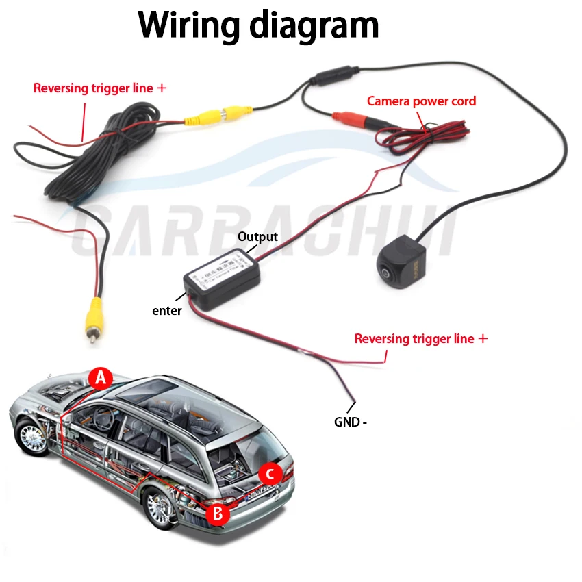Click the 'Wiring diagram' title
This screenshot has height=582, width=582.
pyautogui.click(x=258, y=25)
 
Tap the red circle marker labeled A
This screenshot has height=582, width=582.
pyautogui.click(x=101, y=377)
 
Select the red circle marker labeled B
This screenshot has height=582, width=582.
pyautogui.click(x=218, y=514)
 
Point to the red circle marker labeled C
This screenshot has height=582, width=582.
pyautogui.click(x=270, y=473)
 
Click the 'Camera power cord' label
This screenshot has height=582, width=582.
pyautogui.click(x=421, y=101)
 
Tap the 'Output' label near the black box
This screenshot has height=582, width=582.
pyautogui.click(x=257, y=237)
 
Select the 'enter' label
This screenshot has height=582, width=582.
pyautogui.click(x=167, y=311)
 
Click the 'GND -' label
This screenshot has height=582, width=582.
pyautogui.click(x=350, y=422)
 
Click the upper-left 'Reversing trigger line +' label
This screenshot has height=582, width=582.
pyautogui.click(x=100, y=88)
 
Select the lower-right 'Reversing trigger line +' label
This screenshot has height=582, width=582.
pyautogui.click(x=421, y=339)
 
